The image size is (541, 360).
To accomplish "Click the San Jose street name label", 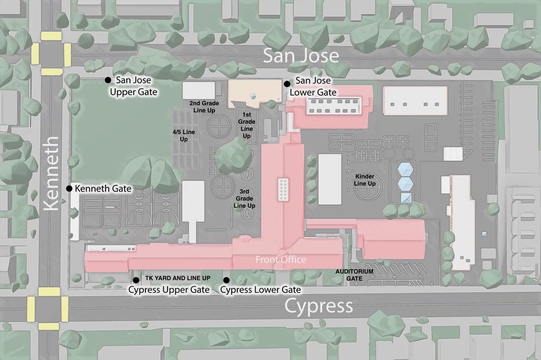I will click(x=301, y=55).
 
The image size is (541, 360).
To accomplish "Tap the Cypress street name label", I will click(x=319, y=306).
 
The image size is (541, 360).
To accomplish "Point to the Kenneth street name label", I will click(x=52, y=174).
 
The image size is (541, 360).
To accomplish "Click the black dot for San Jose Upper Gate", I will click(x=108, y=80).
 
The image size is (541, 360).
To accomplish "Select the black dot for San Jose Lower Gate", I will click(x=287, y=84).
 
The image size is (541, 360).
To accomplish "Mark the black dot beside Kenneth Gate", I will click(x=69, y=188).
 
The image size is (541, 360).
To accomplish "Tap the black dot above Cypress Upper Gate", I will click(x=136, y=280).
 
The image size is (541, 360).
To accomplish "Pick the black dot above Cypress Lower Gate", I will click(x=227, y=280).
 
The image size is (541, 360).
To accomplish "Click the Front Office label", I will click(x=281, y=260).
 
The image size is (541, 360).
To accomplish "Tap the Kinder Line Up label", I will click(x=365, y=180).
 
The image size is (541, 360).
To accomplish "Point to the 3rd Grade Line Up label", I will click(x=245, y=198).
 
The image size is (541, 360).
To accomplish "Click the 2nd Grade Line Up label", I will click(x=204, y=107).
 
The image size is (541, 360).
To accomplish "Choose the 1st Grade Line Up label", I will click(x=247, y=125).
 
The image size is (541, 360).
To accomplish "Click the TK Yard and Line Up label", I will click(x=178, y=278).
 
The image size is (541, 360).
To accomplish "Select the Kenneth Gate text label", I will click(x=103, y=188).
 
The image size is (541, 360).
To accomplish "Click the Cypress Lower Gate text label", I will click(x=260, y=290).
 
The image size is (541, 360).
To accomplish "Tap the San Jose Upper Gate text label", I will click(x=134, y=86).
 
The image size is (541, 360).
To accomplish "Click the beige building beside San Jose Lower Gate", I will click(x=255, y=93).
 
